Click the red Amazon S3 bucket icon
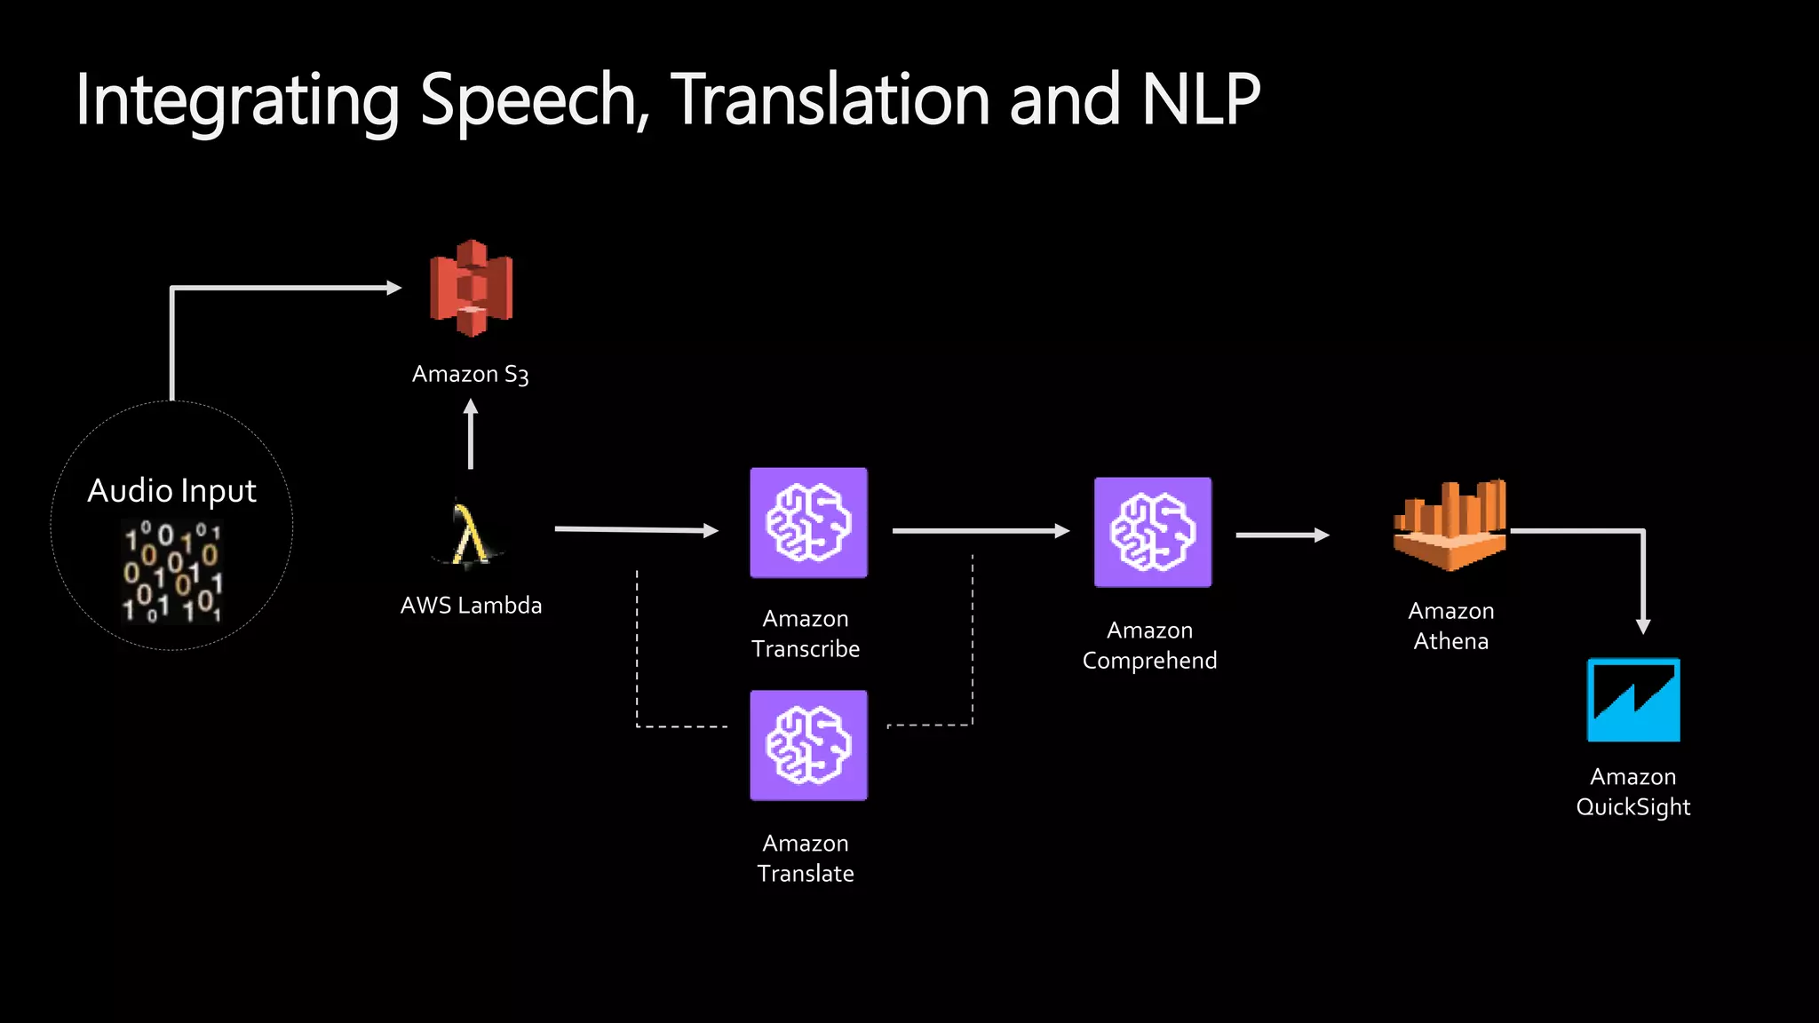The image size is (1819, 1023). [471, 289]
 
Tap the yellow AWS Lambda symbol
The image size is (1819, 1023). [469, 534]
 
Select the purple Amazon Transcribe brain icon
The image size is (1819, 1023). [808, 523]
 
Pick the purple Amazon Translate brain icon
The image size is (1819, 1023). [808, 745]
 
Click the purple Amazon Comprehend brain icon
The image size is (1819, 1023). [1152, 532]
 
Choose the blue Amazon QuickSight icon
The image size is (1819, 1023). [1633, 700]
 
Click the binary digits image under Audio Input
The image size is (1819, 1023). [171, 571]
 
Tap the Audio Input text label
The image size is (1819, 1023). [171, 491]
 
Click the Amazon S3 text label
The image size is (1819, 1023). [470, 375]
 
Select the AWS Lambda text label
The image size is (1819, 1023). [471, 606]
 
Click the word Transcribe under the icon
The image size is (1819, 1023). [806, 649]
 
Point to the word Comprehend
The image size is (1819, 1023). [1149, 661]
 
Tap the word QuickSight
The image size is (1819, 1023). [1632, 807]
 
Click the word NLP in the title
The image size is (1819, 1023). [1201, 99]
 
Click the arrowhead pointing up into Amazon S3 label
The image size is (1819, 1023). [471, 408]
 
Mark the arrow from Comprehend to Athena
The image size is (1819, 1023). [1282, 535]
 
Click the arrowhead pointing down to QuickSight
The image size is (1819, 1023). [1643, 626]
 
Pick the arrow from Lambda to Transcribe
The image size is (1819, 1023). [635, 530]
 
